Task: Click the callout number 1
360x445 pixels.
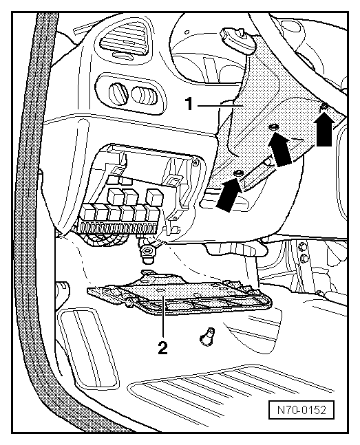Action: [x=189, y=104]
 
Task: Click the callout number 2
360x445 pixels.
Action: [x=163, y=347]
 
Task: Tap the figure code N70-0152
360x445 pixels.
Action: [x=301, y=410]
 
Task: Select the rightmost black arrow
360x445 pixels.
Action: [x=324, y=131]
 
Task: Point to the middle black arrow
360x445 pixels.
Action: [x=281, y=149]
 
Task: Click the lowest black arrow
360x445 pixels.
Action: [x=229, y=195]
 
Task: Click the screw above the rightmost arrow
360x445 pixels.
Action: [x=325, y=106]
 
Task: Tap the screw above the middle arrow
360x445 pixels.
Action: [x=274, y=127]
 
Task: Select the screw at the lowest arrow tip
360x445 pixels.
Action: [x=238, y=173]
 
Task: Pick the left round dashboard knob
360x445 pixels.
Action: [x=117, y=93]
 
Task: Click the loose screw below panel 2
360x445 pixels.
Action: [x=208, y=336]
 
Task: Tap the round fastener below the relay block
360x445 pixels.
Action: [x=147, y=251]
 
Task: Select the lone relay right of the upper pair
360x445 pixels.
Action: [x=155, y=197]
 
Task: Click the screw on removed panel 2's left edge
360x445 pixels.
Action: [x=129, y=303]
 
